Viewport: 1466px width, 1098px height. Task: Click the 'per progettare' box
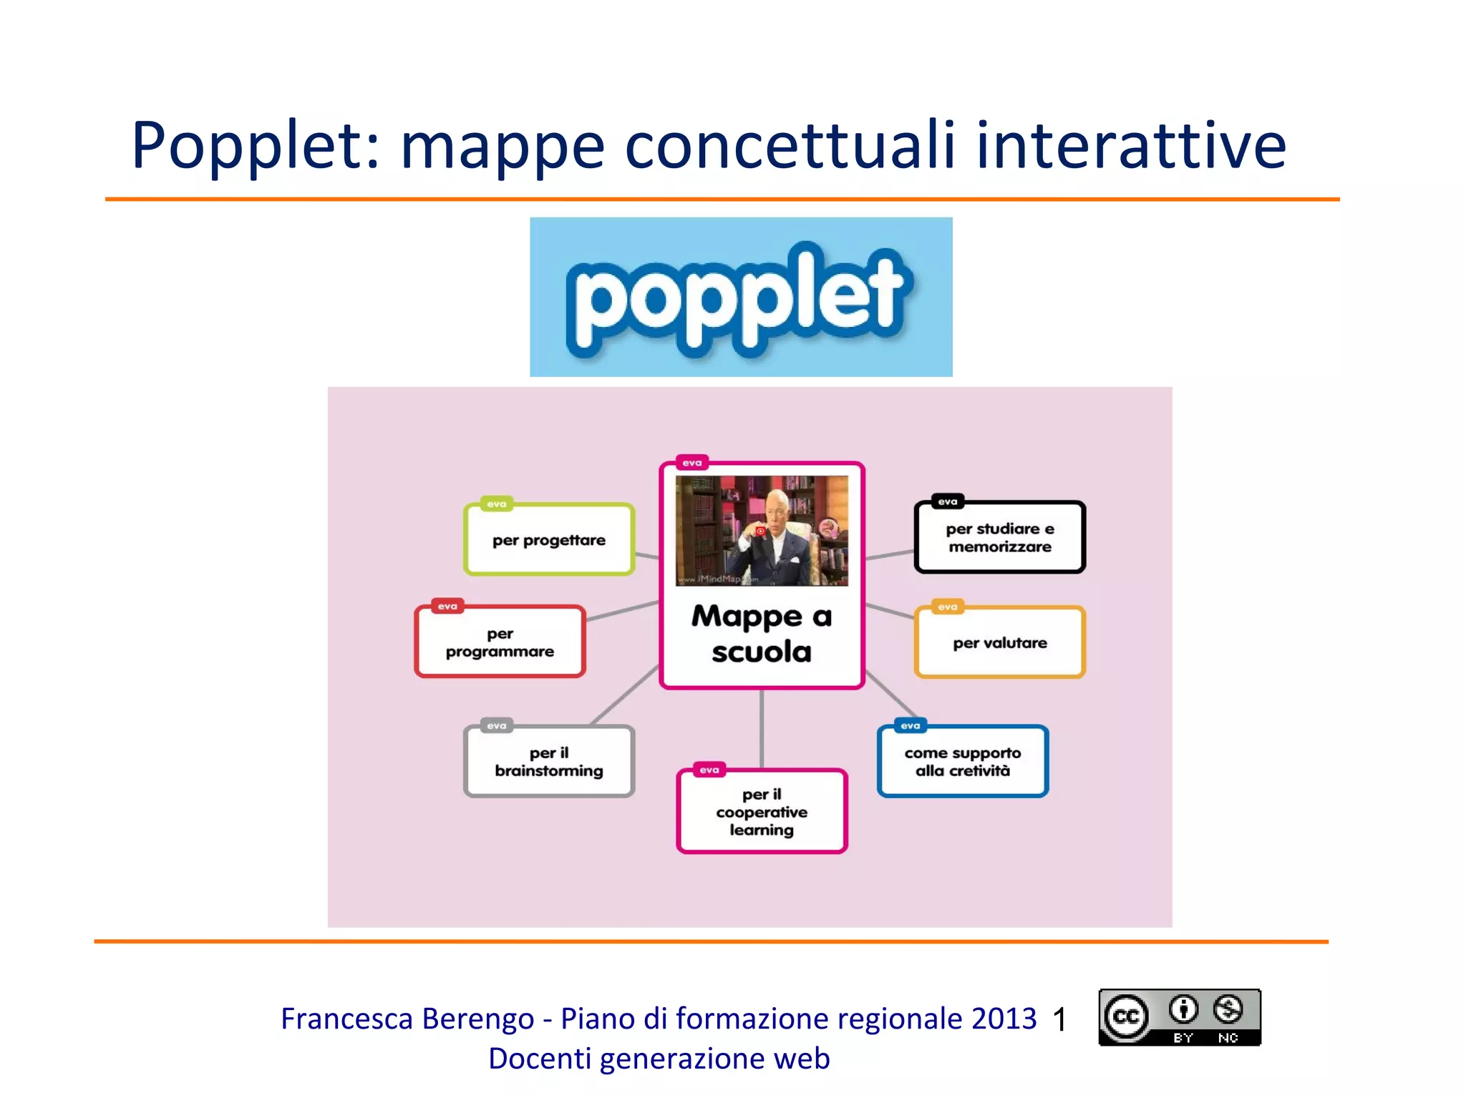coord(549,540)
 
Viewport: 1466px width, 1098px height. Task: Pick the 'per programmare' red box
coord(500,642)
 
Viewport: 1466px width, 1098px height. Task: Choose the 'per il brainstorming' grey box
coord(549,762)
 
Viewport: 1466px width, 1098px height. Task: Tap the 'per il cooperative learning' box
coord(762,812)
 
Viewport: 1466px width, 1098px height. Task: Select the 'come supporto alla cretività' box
coord(963,762)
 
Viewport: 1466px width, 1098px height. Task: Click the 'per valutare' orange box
coord(1000,643)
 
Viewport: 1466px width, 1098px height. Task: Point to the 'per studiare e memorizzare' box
coord(1000,538)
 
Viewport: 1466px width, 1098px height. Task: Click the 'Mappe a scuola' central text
coord(762,634)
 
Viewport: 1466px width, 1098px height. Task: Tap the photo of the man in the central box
coord(762,531)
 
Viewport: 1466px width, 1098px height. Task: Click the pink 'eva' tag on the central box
coord(692,463)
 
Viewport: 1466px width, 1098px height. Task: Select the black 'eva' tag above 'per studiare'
coord(948,501)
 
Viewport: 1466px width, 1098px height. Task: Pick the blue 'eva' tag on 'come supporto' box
coord(911,725)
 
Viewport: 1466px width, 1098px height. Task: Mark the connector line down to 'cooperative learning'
coord(762,728)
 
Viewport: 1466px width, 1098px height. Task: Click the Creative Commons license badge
coord(1180,1017)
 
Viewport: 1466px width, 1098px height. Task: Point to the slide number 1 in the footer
coord(1060,1019)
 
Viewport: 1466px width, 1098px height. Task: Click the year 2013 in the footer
coord(1004,1019)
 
